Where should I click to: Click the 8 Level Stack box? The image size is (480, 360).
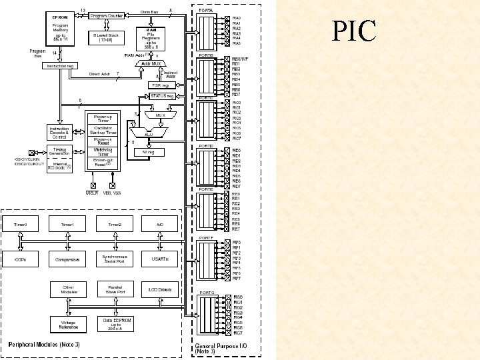105,37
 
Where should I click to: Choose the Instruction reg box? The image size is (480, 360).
60,66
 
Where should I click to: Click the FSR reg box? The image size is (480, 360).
160,85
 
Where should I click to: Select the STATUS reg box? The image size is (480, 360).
162,97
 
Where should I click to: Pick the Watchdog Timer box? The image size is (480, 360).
103,152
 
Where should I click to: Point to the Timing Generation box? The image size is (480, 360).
60,152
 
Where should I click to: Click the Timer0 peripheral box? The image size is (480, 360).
21,225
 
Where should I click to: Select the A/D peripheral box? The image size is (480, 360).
160,225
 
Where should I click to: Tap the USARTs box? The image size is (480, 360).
160,259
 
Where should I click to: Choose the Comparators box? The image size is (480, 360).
67,259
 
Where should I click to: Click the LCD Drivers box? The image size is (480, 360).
160,290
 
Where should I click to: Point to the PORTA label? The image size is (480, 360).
207,11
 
